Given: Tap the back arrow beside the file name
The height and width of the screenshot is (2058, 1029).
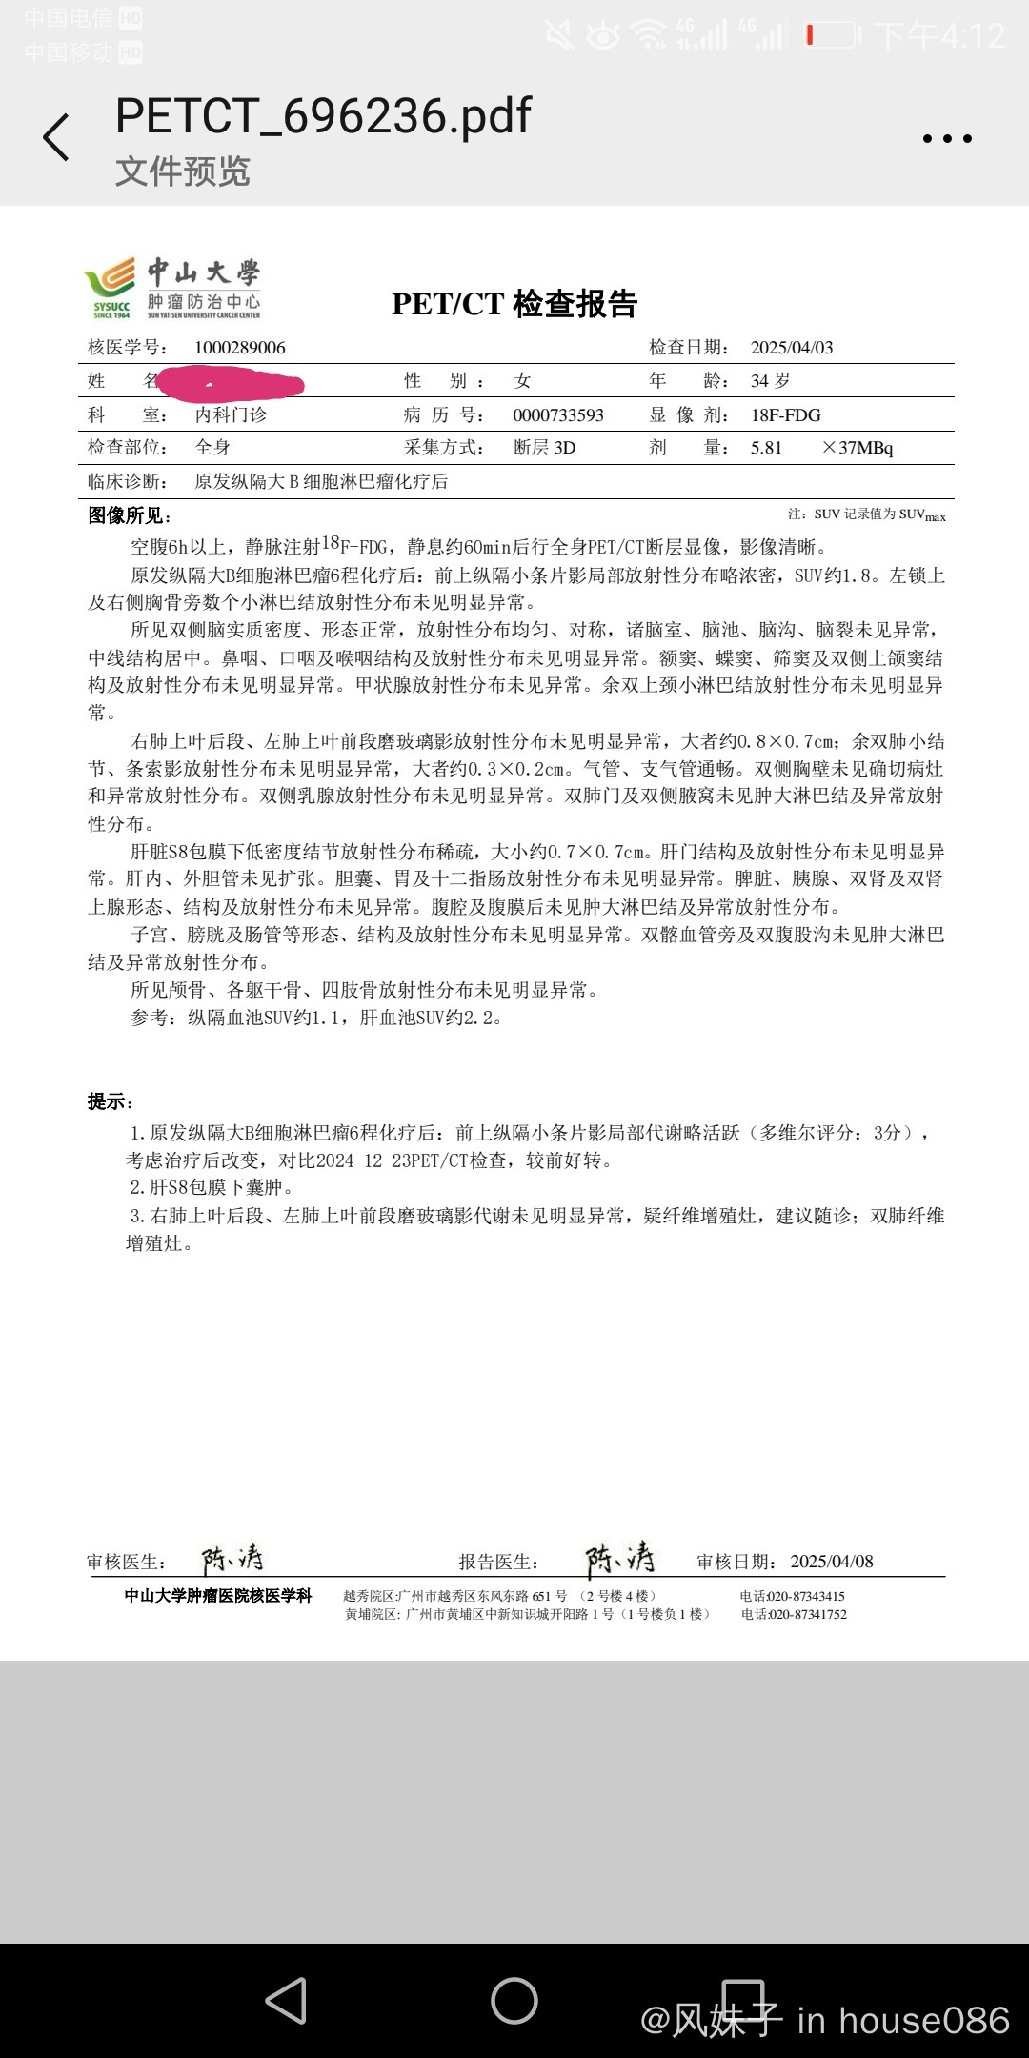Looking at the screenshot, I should (x=56, y=137).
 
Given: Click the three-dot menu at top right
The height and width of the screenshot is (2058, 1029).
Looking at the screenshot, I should (x=947, y=139).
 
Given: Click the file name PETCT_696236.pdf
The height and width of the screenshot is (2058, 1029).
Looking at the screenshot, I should (x=323, y=116).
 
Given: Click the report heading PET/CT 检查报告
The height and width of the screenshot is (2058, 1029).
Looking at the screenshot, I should (x=514, y=304).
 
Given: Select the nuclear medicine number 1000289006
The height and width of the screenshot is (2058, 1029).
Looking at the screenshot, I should (x=240, y=348).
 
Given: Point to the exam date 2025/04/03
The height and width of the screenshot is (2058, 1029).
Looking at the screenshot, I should (x=792, y=348).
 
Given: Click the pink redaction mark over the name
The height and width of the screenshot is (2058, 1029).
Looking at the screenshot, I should (x=231, y=384).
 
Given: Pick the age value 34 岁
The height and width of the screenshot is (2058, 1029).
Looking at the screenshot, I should (x=770, y=381).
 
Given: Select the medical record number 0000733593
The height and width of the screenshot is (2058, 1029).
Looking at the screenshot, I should (x=558, y=415).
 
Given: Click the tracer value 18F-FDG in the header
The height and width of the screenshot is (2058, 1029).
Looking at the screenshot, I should (x=786, y=415).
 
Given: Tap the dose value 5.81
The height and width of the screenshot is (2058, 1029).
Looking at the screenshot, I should (x=766, y=448).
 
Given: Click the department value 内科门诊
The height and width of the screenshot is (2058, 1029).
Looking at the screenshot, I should (x=231, y=415).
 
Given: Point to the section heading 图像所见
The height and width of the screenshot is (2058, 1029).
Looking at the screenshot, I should (x=129, y=516).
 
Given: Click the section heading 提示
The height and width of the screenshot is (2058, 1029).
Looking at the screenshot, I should (x=111, y=1102).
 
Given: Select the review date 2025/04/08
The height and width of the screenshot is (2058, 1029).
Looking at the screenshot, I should (x=832, y=1562).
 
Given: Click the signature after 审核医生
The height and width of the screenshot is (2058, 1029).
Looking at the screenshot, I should (x=232, y=1560).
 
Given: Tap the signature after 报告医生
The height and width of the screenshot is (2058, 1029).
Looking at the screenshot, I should (x=619, y=1560).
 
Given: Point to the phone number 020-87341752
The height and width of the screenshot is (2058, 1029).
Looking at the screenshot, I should (x=807, y=1614).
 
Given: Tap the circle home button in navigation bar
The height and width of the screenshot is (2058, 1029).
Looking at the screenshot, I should (x=514, y=2001).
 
